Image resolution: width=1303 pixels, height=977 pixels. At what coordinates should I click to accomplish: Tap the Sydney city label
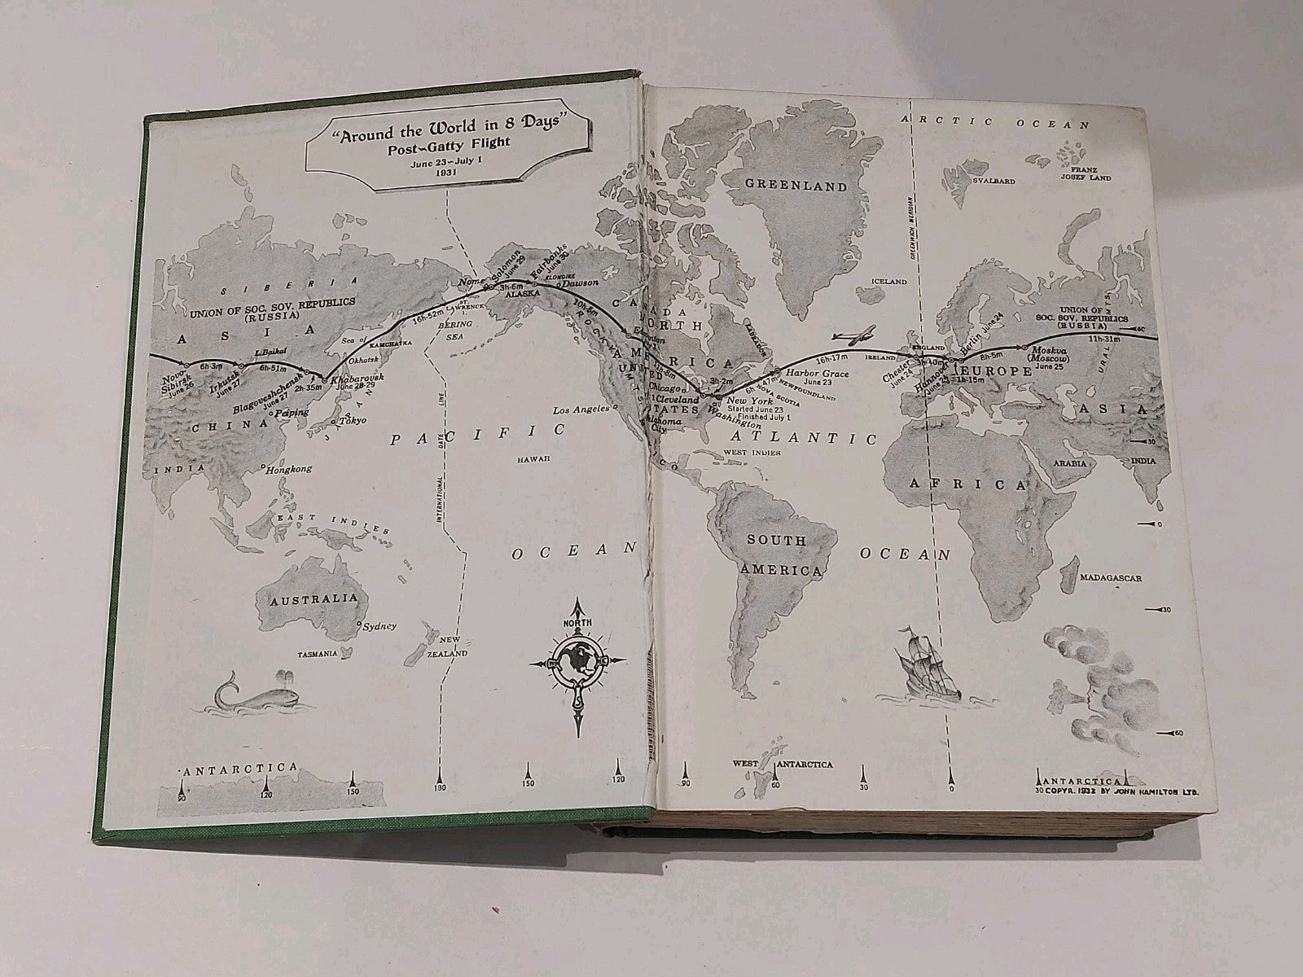tap(378, 625)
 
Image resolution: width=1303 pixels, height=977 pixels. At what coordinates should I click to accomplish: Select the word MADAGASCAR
tap(1111, 578)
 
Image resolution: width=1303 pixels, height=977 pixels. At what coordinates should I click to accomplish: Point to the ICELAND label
tap(888, 281)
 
